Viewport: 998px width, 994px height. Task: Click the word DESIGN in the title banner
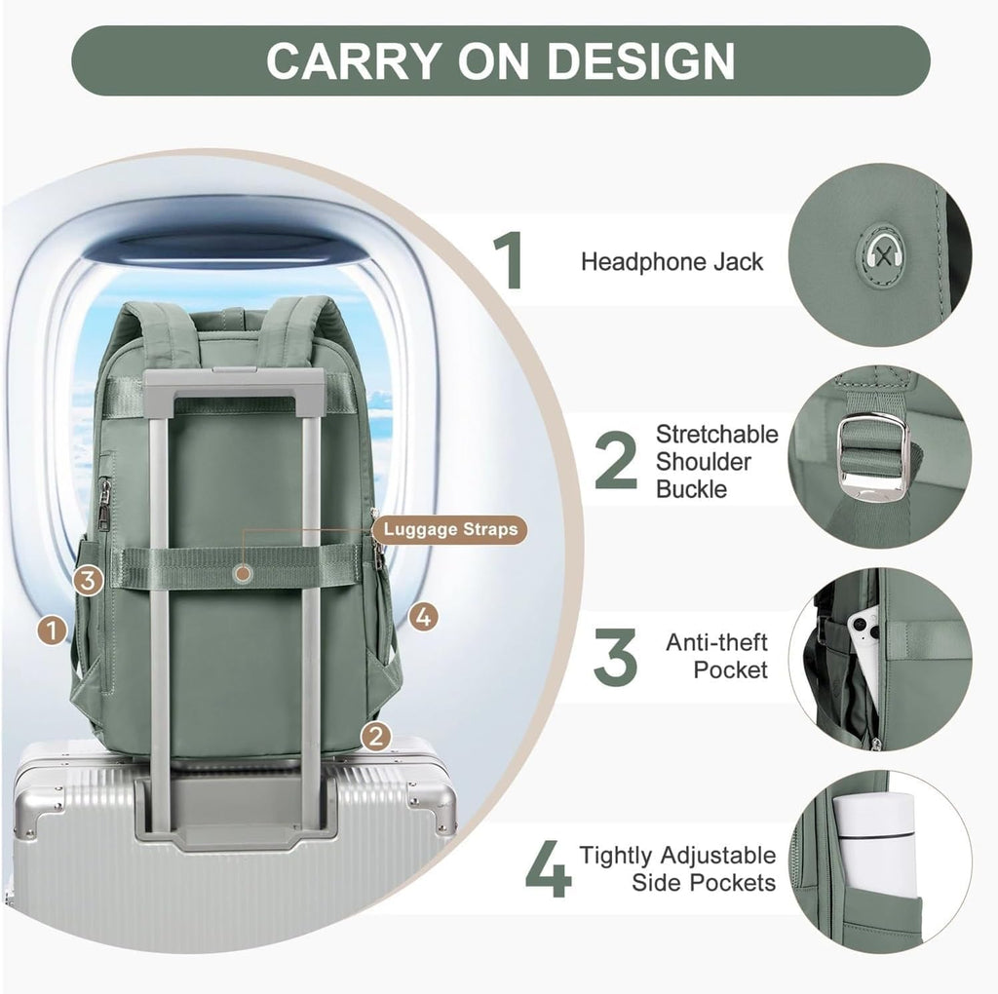tap(641, 61)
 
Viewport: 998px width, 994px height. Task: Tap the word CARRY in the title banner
tap(353, 61)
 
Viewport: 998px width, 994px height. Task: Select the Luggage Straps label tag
tap(450, 529)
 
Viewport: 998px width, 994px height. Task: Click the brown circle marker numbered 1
tap(53, 631)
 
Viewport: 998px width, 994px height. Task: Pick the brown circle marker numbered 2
tap(376, 737)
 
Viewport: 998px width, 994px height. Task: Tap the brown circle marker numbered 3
tap(89, 580)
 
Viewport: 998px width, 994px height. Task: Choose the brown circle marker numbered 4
tap(423, 617)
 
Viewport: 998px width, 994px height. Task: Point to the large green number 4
tap(549, 868)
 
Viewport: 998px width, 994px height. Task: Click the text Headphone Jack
tap(672, 262)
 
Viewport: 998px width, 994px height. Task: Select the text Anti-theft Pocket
tap(716, 656)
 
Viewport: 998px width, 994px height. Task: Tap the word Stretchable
tap(717, 434)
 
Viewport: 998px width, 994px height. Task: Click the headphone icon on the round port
tap(881, 254)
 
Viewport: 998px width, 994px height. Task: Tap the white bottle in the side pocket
tap(876, 846)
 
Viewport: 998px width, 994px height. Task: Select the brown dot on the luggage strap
tap(243, 573)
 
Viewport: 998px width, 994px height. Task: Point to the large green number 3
tap(615, 656)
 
